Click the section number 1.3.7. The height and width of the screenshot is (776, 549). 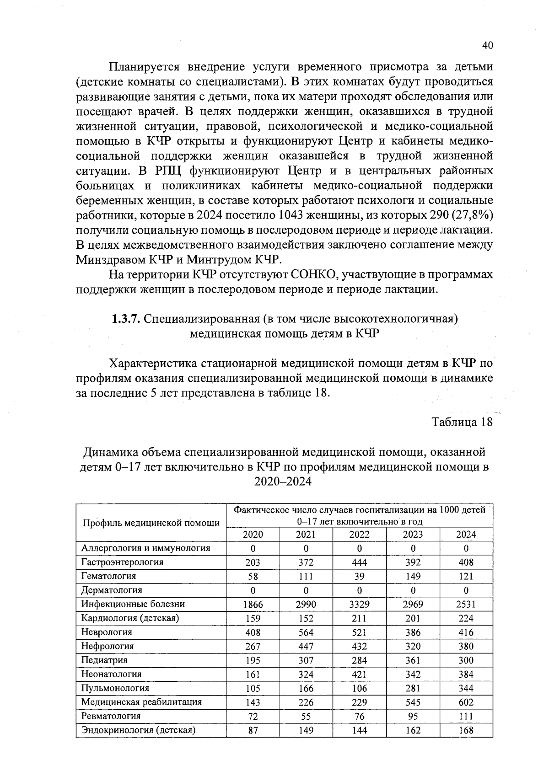(x=126, y=319)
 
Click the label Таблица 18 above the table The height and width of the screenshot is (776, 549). (x=463, y=422)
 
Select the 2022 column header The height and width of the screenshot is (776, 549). (x=360, y=534)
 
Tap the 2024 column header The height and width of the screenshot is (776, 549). (x=466, y=534)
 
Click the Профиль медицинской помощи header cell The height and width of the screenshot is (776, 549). (x=151, y=523)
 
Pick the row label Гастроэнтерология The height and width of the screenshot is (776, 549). (x=122, y=562)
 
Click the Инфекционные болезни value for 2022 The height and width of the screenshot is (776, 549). (x=360, y=604)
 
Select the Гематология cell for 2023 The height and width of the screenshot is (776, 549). (x=413, y=576)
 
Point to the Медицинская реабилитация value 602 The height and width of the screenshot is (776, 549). (x=466, y=702)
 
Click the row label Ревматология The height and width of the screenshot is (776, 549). (x=111, y=716)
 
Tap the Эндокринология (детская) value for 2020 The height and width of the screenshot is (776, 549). (x=253, y=730)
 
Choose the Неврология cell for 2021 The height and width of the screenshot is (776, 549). (x=306, y=632)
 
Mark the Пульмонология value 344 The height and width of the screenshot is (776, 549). (x=466, y=688)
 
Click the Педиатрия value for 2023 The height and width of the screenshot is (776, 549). (x=413, y=660)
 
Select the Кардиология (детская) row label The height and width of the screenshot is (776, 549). (x=130, y=618)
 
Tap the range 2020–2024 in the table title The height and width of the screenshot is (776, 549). (x=283, y=482)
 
